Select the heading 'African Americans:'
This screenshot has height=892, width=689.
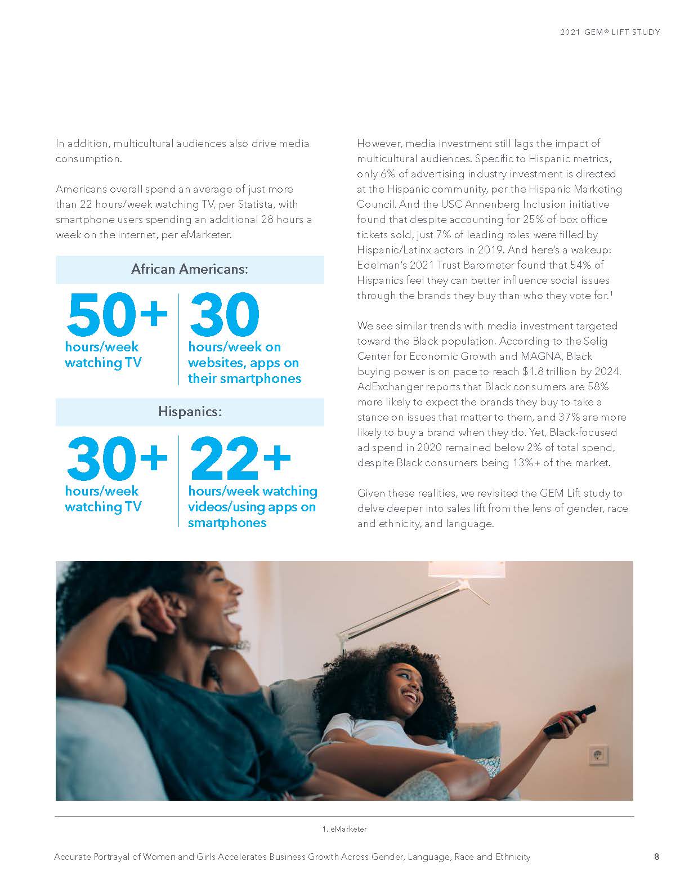coord(190,269)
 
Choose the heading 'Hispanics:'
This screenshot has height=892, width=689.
coord(190,412)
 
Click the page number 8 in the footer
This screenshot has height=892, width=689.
coord(656,857)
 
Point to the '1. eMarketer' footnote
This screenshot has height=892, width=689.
coord(344,829)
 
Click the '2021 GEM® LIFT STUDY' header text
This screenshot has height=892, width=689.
coord(610,32)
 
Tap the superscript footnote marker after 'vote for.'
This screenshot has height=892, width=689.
coord(612,293)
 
